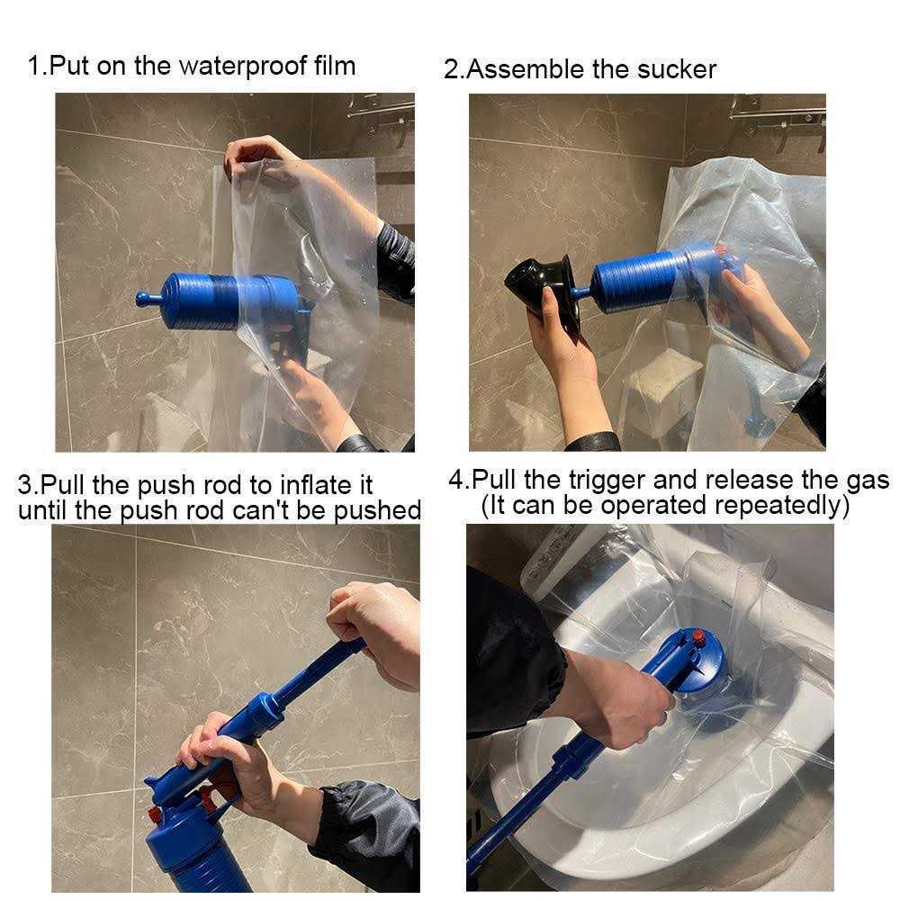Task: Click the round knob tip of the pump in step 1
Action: click(x=142, y=299)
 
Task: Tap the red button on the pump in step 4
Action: click(x=698, y=635)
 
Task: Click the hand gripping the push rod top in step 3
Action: click(x=376, y=631)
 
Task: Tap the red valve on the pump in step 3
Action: click(x=153, y=814)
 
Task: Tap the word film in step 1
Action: click(x=335, y=66)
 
